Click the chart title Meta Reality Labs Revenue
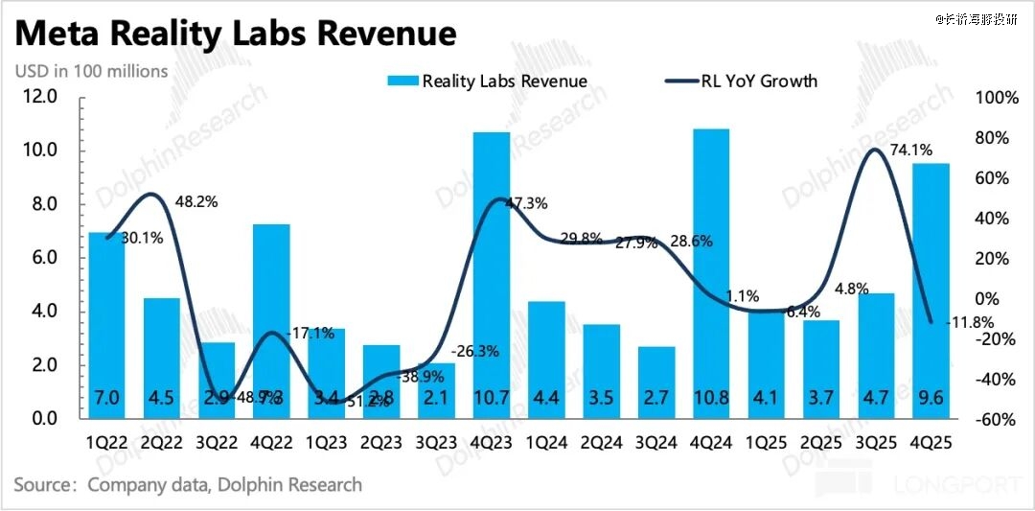tap(236, 35)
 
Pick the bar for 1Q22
tap(106, 325)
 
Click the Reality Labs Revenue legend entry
tap(488, 81)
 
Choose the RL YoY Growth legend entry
tap(740, 81)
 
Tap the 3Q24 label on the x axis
tap(655, 443)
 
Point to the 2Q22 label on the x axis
tap(161, 443)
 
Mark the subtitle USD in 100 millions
tap(91, 71)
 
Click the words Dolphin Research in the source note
tap(290, 484)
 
